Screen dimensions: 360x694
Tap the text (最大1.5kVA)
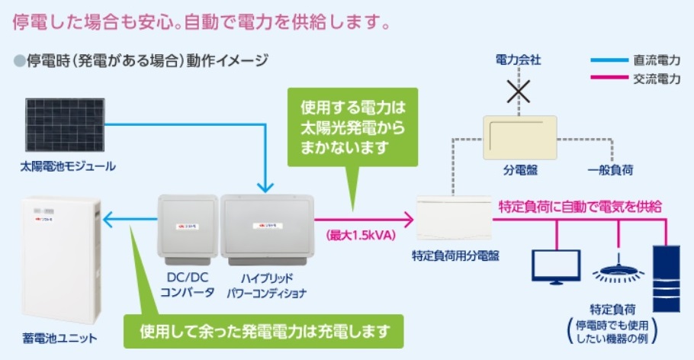(361, 235)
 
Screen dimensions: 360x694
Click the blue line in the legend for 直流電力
(608, 59)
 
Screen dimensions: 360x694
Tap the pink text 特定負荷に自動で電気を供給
(580, 206)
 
